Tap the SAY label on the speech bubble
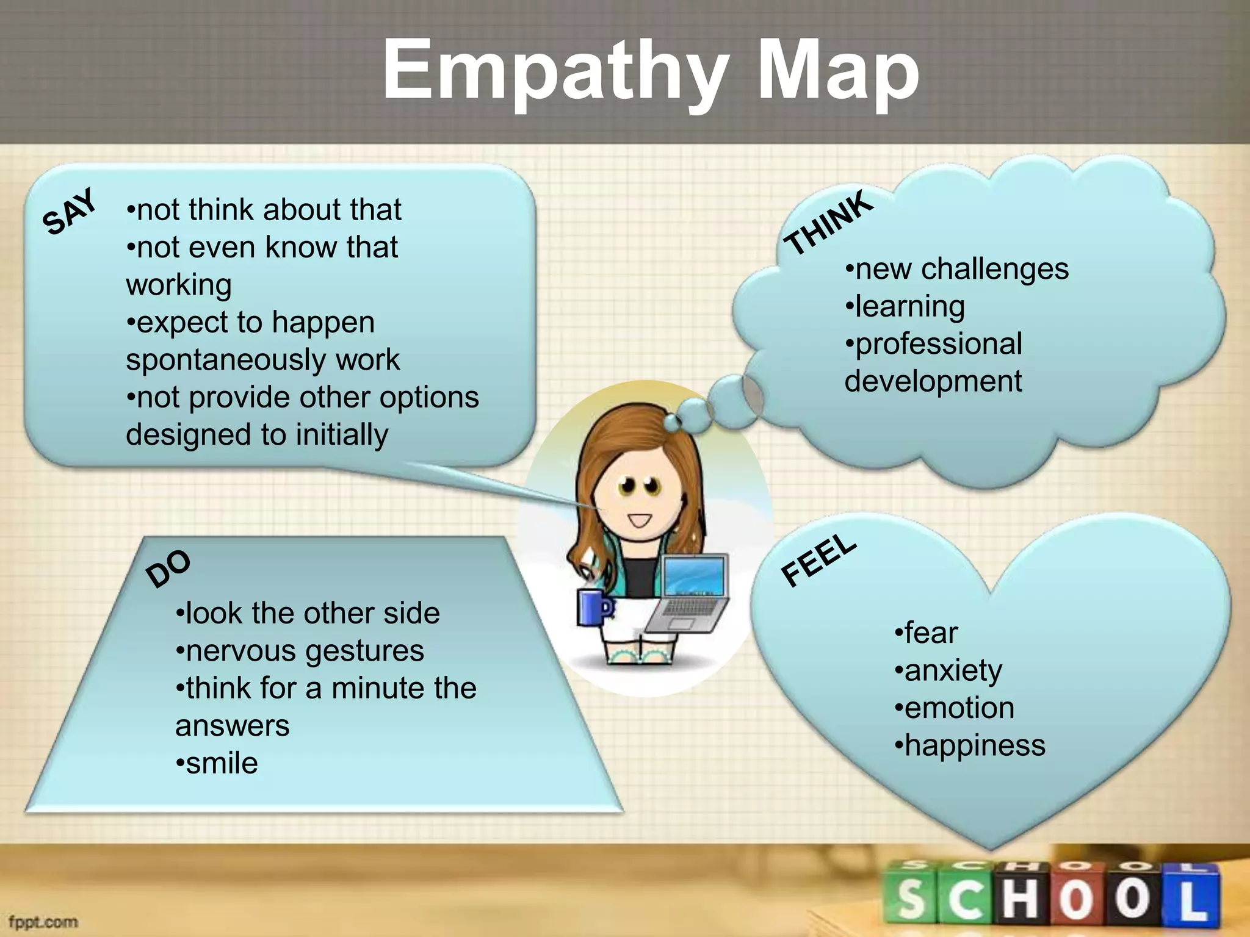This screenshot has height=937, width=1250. point(70,212)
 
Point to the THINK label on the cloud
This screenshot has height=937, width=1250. point(829,223)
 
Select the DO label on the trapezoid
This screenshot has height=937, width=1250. point(168,569)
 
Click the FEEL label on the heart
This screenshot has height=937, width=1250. point(818,560)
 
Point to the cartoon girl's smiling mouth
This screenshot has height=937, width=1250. point(640,520)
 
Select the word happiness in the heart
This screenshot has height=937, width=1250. point(975,745)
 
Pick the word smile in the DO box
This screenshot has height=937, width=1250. point(222,763)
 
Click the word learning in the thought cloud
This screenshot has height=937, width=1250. point(909,307)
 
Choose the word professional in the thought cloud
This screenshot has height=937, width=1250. point(939,344)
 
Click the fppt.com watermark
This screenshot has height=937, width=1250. point(43,921)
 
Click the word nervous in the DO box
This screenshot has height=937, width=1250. point(240,651)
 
